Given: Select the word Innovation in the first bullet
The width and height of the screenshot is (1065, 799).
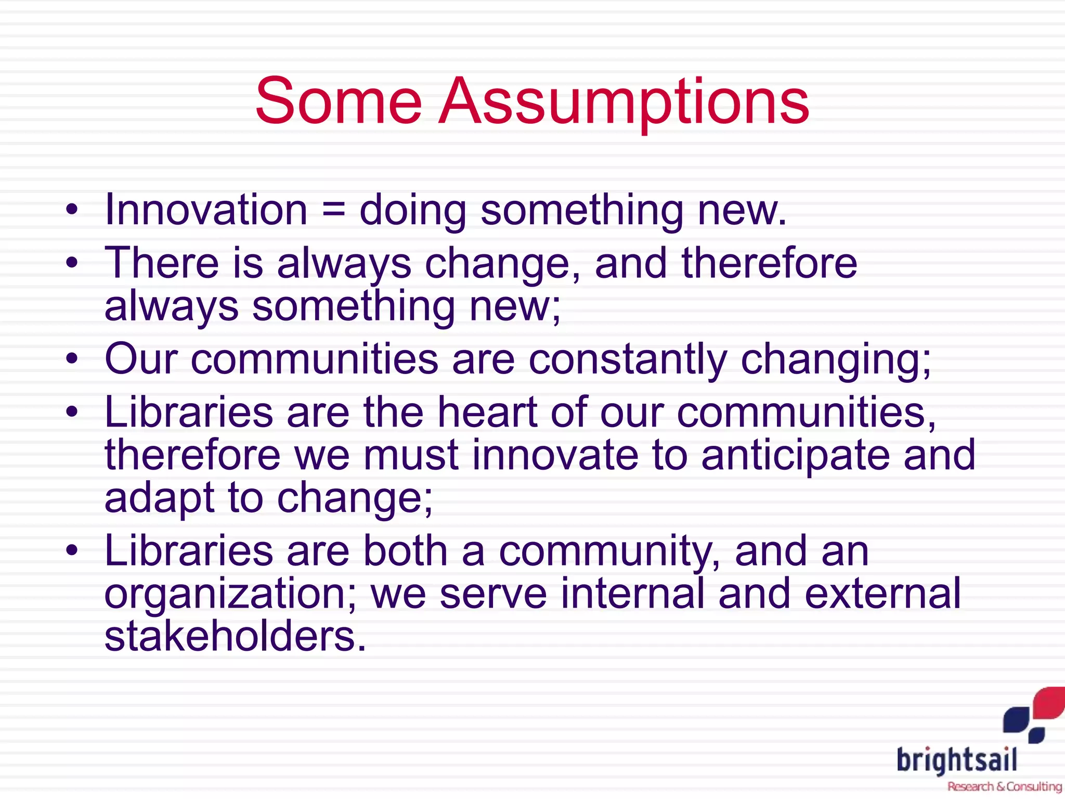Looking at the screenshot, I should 206,210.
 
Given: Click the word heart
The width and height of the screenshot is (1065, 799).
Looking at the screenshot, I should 487,412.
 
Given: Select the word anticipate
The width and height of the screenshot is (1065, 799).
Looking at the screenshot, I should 795,456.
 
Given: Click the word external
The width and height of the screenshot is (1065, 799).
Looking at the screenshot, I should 882,594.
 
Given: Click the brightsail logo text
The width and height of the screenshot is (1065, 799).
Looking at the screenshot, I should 957,761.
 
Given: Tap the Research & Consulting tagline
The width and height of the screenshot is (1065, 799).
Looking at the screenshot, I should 1004,787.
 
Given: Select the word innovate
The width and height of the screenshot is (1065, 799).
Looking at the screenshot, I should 555,456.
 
